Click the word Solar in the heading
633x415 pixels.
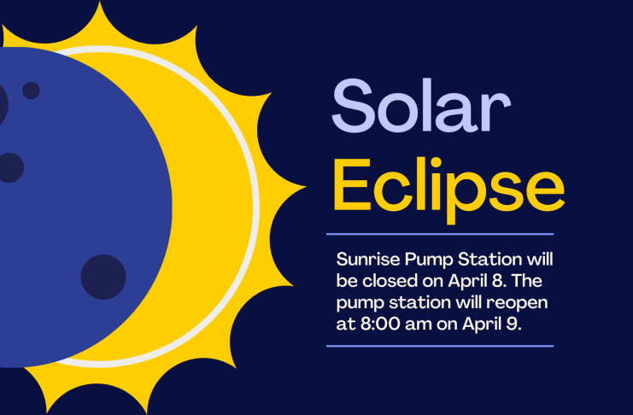pyautogui.click(x=421, y=106)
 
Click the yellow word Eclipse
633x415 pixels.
pyautogui.click(x=449, y=190)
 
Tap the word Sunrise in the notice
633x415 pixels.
pyautogui.click(x=368, y=260)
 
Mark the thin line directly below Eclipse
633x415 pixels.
pyautogui.click(x=440, y=234)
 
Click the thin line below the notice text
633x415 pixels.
pyautogui.click(x=440, y=346)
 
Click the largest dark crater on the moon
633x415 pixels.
pyautogui.click(x=103, y=277)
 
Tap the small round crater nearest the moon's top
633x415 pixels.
pyautogui.click(x=31, y=91)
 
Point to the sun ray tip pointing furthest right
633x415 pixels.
pyautogui.click(x=305, y=187)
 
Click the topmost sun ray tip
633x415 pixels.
pyautogui.click(x=99, y=2)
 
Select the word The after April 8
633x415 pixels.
pyautogui.click(x=527, y=281)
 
